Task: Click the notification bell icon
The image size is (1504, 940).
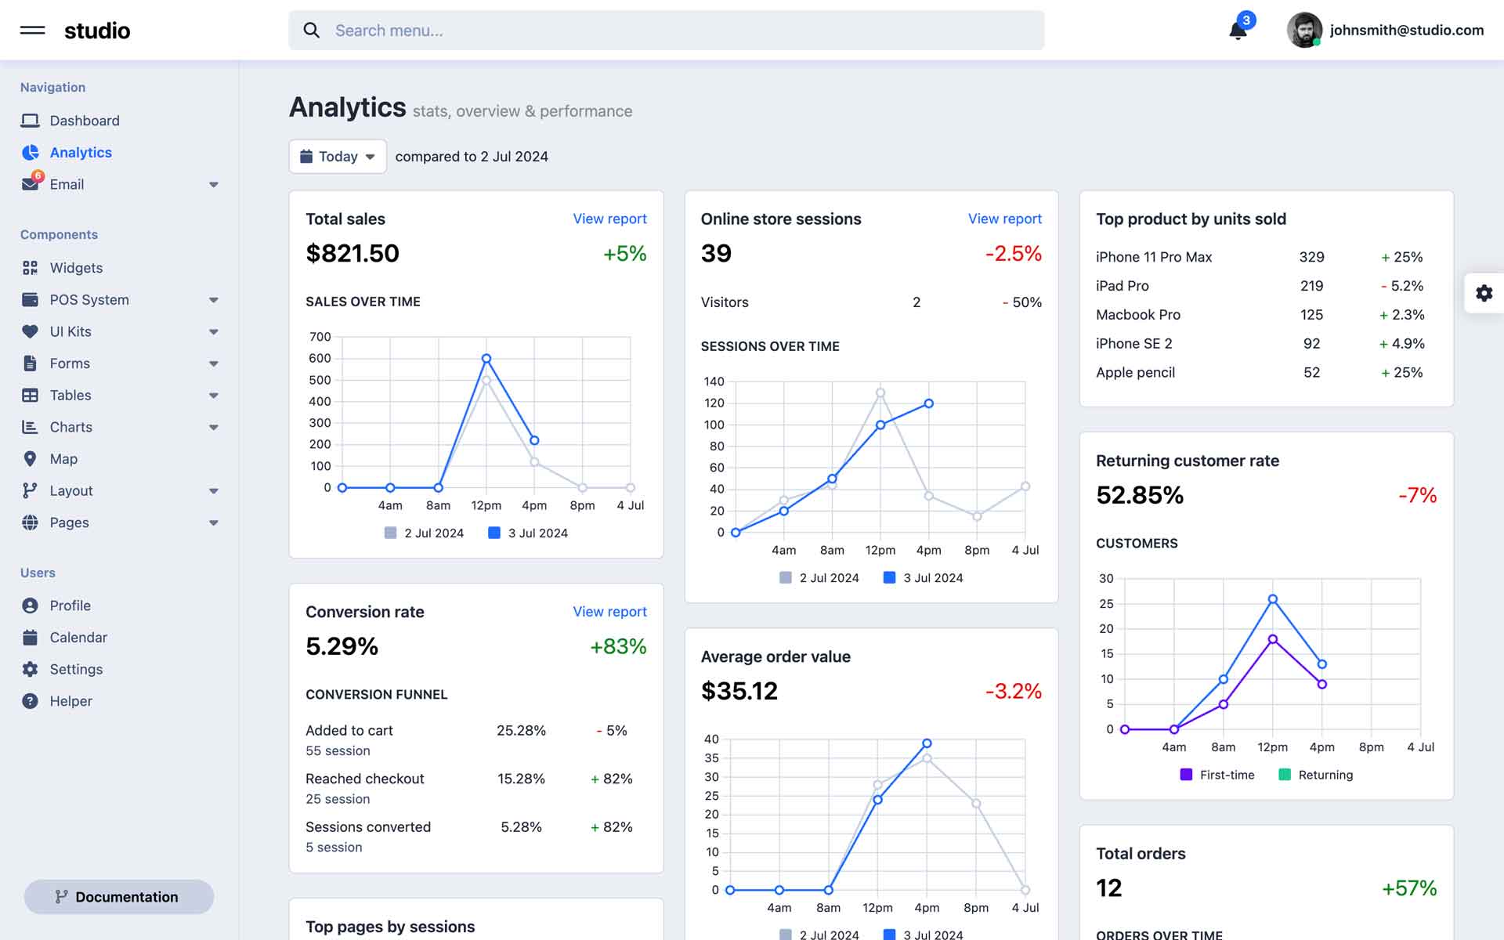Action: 1238,31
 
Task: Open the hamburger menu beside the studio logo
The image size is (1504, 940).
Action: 32,31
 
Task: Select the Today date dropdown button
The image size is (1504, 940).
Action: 338,157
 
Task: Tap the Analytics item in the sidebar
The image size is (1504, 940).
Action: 80,153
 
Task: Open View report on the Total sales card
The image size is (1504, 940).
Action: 609,219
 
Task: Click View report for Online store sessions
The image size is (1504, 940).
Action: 1004,219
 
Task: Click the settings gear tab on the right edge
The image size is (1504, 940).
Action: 1484,293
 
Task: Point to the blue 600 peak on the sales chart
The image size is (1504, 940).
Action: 486,359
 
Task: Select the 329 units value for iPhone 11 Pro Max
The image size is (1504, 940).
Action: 1311,257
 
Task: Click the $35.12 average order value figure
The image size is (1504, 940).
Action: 739,691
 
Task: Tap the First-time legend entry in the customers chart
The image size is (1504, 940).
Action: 1217,775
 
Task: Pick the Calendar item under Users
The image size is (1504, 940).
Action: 78,638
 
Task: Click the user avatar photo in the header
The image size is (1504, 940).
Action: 1304,31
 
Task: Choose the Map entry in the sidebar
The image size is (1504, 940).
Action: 63,459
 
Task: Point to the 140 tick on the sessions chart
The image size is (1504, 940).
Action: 714,381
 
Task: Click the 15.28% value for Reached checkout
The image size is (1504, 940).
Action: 521,779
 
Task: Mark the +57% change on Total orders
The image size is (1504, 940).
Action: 1408,888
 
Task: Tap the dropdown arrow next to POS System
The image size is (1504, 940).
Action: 214,300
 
